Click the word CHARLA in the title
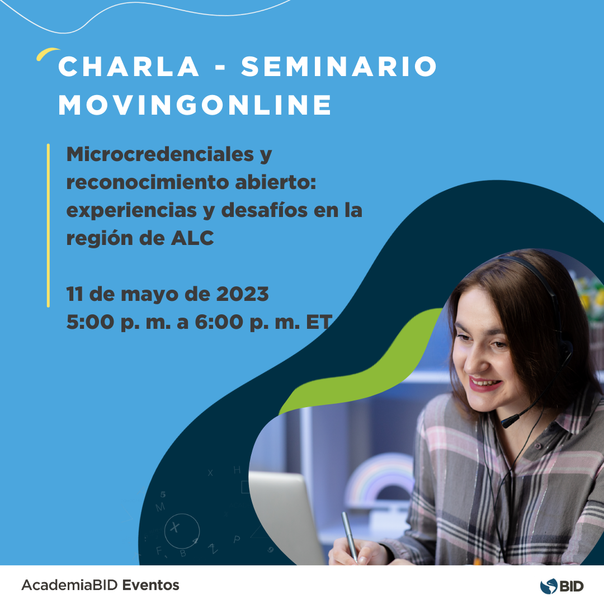(129, 66)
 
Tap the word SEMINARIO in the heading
(339, 66)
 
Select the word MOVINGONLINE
(195, 105)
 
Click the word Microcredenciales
(161, 154)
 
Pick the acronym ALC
(192, 238)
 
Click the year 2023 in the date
(242, 294)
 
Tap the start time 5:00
(90, 322)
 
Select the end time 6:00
(219, 322)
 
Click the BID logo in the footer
(561, 586)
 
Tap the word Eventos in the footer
(150, 585)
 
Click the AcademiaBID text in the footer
(69, 585)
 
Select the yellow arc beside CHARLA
(47, 53)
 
